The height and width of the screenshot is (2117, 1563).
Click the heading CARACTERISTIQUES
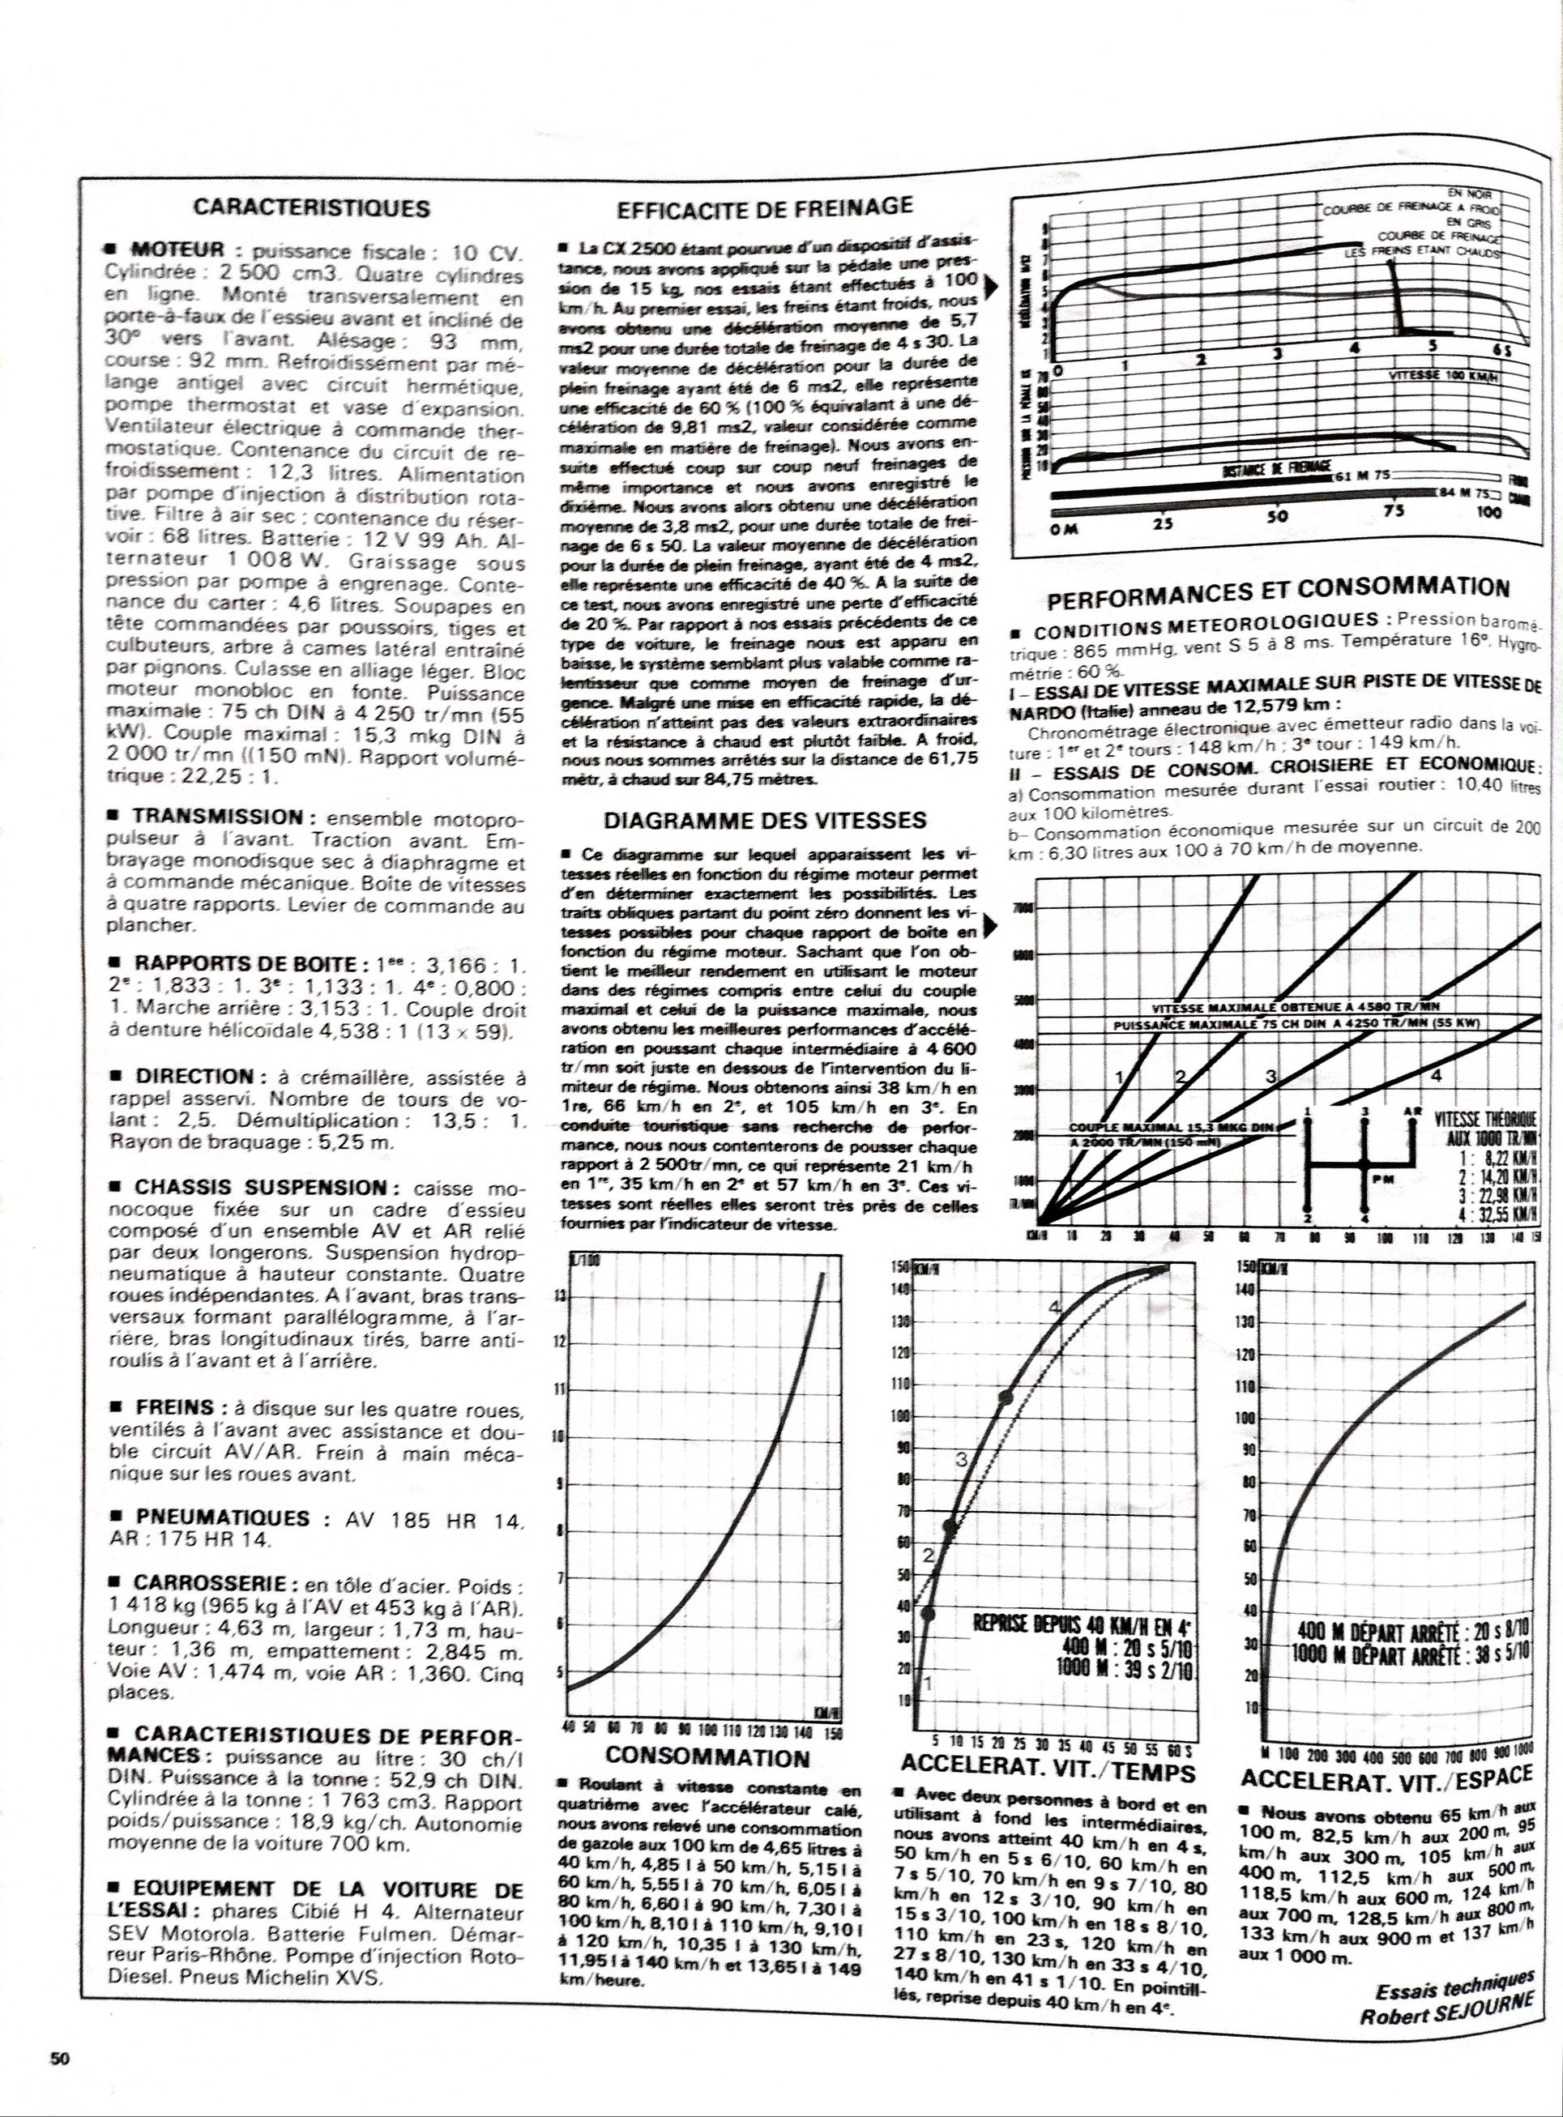311,208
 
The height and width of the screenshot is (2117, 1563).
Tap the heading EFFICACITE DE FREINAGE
764,207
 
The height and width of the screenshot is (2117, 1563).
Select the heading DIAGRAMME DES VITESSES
764,820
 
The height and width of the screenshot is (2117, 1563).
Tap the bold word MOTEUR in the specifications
178,250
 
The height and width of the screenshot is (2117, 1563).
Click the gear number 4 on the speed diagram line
1435,1076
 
